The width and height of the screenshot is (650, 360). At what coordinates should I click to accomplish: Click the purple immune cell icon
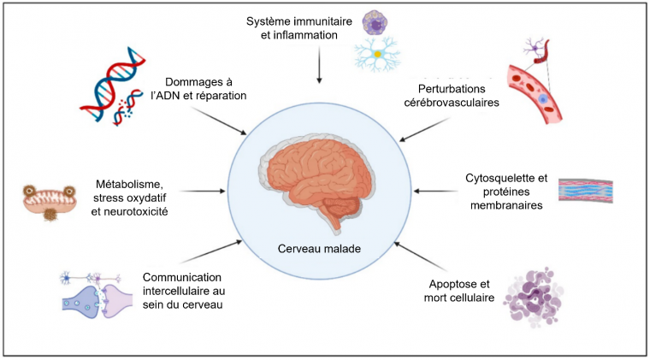coord(375,23)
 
